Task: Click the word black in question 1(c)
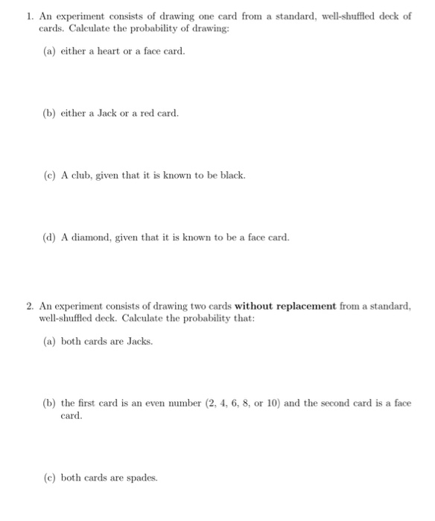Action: [x=230, y=176]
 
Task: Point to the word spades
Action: [x=137, y=478]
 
